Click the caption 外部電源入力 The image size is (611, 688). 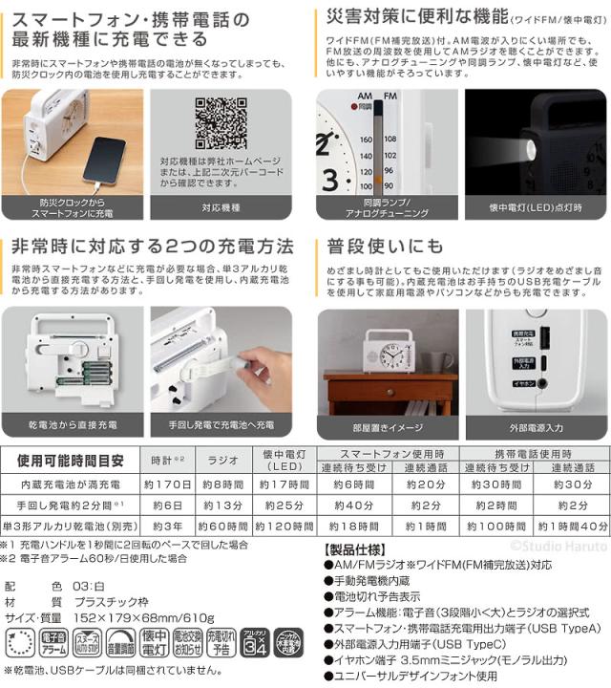point(537,427)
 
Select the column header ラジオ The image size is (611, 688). point(221,460)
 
